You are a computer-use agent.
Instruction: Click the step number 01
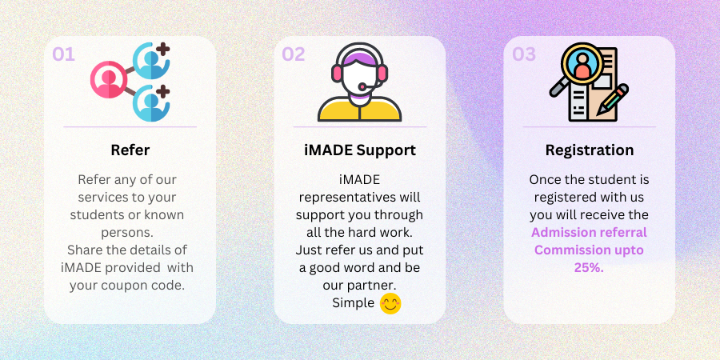tap(63, 54)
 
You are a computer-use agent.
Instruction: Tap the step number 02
tap(294, 54)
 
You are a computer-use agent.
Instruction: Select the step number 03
tap(524, 54)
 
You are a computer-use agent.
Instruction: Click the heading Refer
tap(130, 150)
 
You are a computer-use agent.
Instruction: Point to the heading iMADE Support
tap(360, 150)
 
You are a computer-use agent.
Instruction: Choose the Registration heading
tap(590, 150)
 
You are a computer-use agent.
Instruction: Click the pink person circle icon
tap(109, 79)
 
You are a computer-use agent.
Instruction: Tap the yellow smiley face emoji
tap(390, 303)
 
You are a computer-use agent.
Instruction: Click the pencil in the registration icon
tap(613, 100)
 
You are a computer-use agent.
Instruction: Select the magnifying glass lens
tap(582, 64)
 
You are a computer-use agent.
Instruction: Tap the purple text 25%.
tap(589, 268)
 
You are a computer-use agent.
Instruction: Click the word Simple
tap(353, 303)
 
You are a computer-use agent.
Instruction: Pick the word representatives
tap(347, 198)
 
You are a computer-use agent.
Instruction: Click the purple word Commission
tap(566, 250)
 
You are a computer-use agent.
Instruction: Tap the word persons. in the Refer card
tap(126, 232)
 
